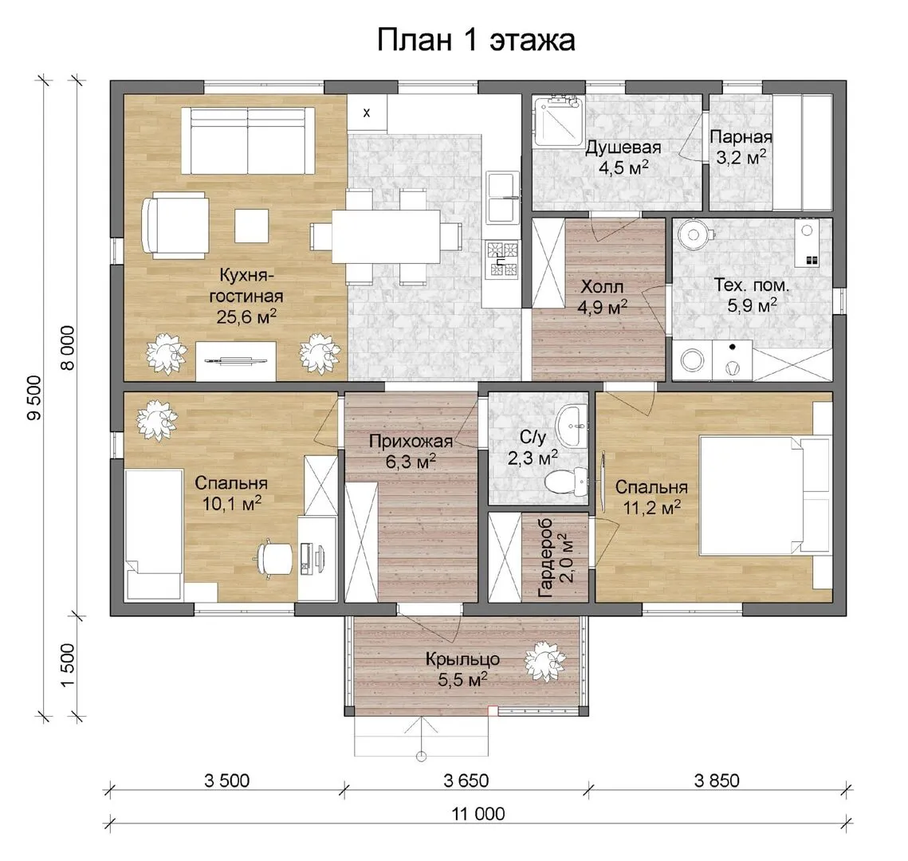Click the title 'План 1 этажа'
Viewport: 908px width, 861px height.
476,41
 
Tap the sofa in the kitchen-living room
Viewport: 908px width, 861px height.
249,140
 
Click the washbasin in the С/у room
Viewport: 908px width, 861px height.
572,426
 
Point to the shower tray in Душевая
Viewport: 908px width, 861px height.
558,121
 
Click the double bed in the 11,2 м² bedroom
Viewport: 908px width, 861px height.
765,496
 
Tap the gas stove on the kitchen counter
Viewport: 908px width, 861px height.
503,259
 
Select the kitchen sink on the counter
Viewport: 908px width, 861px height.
503,198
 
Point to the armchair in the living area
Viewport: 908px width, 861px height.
175,225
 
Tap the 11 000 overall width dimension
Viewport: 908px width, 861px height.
478,813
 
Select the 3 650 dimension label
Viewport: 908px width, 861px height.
466,780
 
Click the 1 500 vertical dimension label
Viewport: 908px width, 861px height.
68,666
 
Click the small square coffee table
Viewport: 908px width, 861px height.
251,226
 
